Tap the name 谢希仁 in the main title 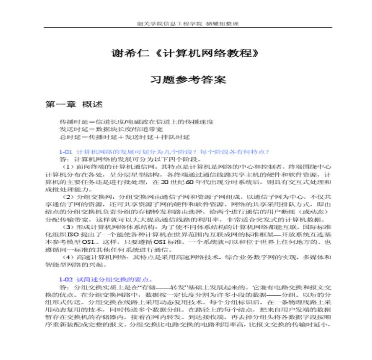(124, 54)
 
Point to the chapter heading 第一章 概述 (74, 104)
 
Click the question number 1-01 (66, 151)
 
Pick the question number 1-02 (66, 280)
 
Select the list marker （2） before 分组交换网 (68, 197)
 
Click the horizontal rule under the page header (188, 28)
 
